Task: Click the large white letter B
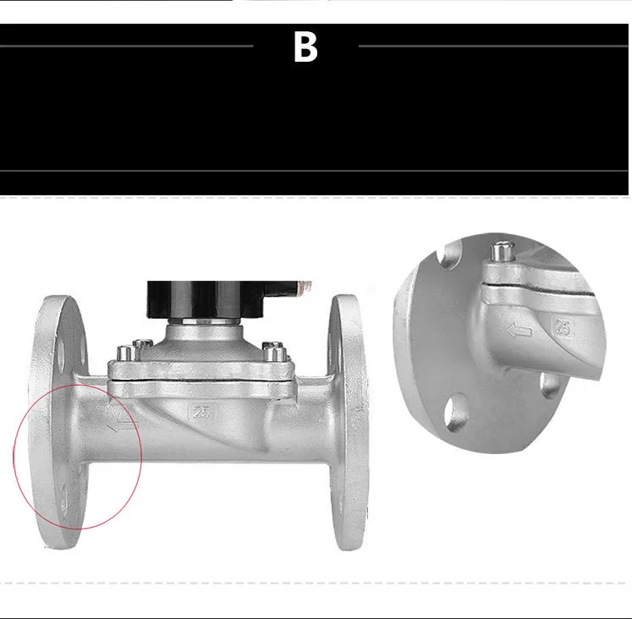click(305, 47)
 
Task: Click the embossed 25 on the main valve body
click(201, 413)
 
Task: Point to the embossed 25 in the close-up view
click(563, 327)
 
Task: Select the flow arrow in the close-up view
click(519, 331)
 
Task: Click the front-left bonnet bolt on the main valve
click(124, 354)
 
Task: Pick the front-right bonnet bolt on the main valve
click(275, 353)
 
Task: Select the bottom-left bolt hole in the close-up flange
click(456, 414)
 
